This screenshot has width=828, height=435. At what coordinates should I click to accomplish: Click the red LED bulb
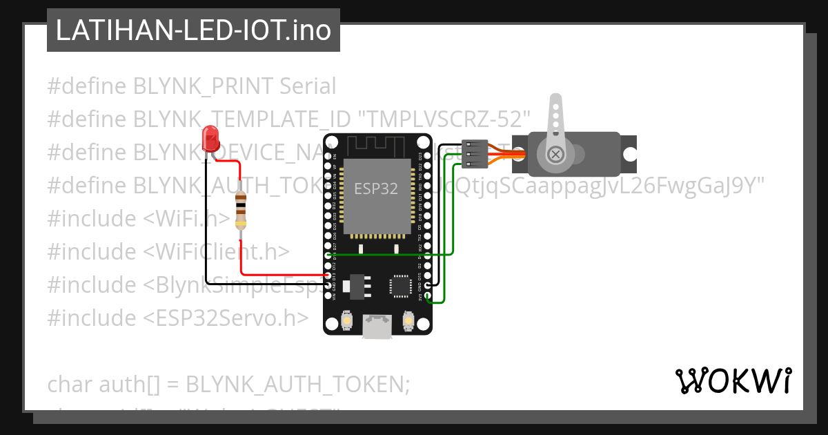pyautogui.click(x=209, y=139)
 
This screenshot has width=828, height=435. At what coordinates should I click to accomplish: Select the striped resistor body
pyautogui.click(x=240, y=211)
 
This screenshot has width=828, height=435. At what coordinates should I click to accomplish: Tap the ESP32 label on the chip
pyautogui.click(x=376, y=188)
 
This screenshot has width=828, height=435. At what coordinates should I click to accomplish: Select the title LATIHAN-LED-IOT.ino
pyautogui.click(x=193, y=30)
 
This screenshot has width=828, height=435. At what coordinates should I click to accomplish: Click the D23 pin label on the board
pyautogui.click(x=420, y=156)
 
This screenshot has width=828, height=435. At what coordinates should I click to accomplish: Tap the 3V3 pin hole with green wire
pyautogui.click(x=428, y=297)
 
